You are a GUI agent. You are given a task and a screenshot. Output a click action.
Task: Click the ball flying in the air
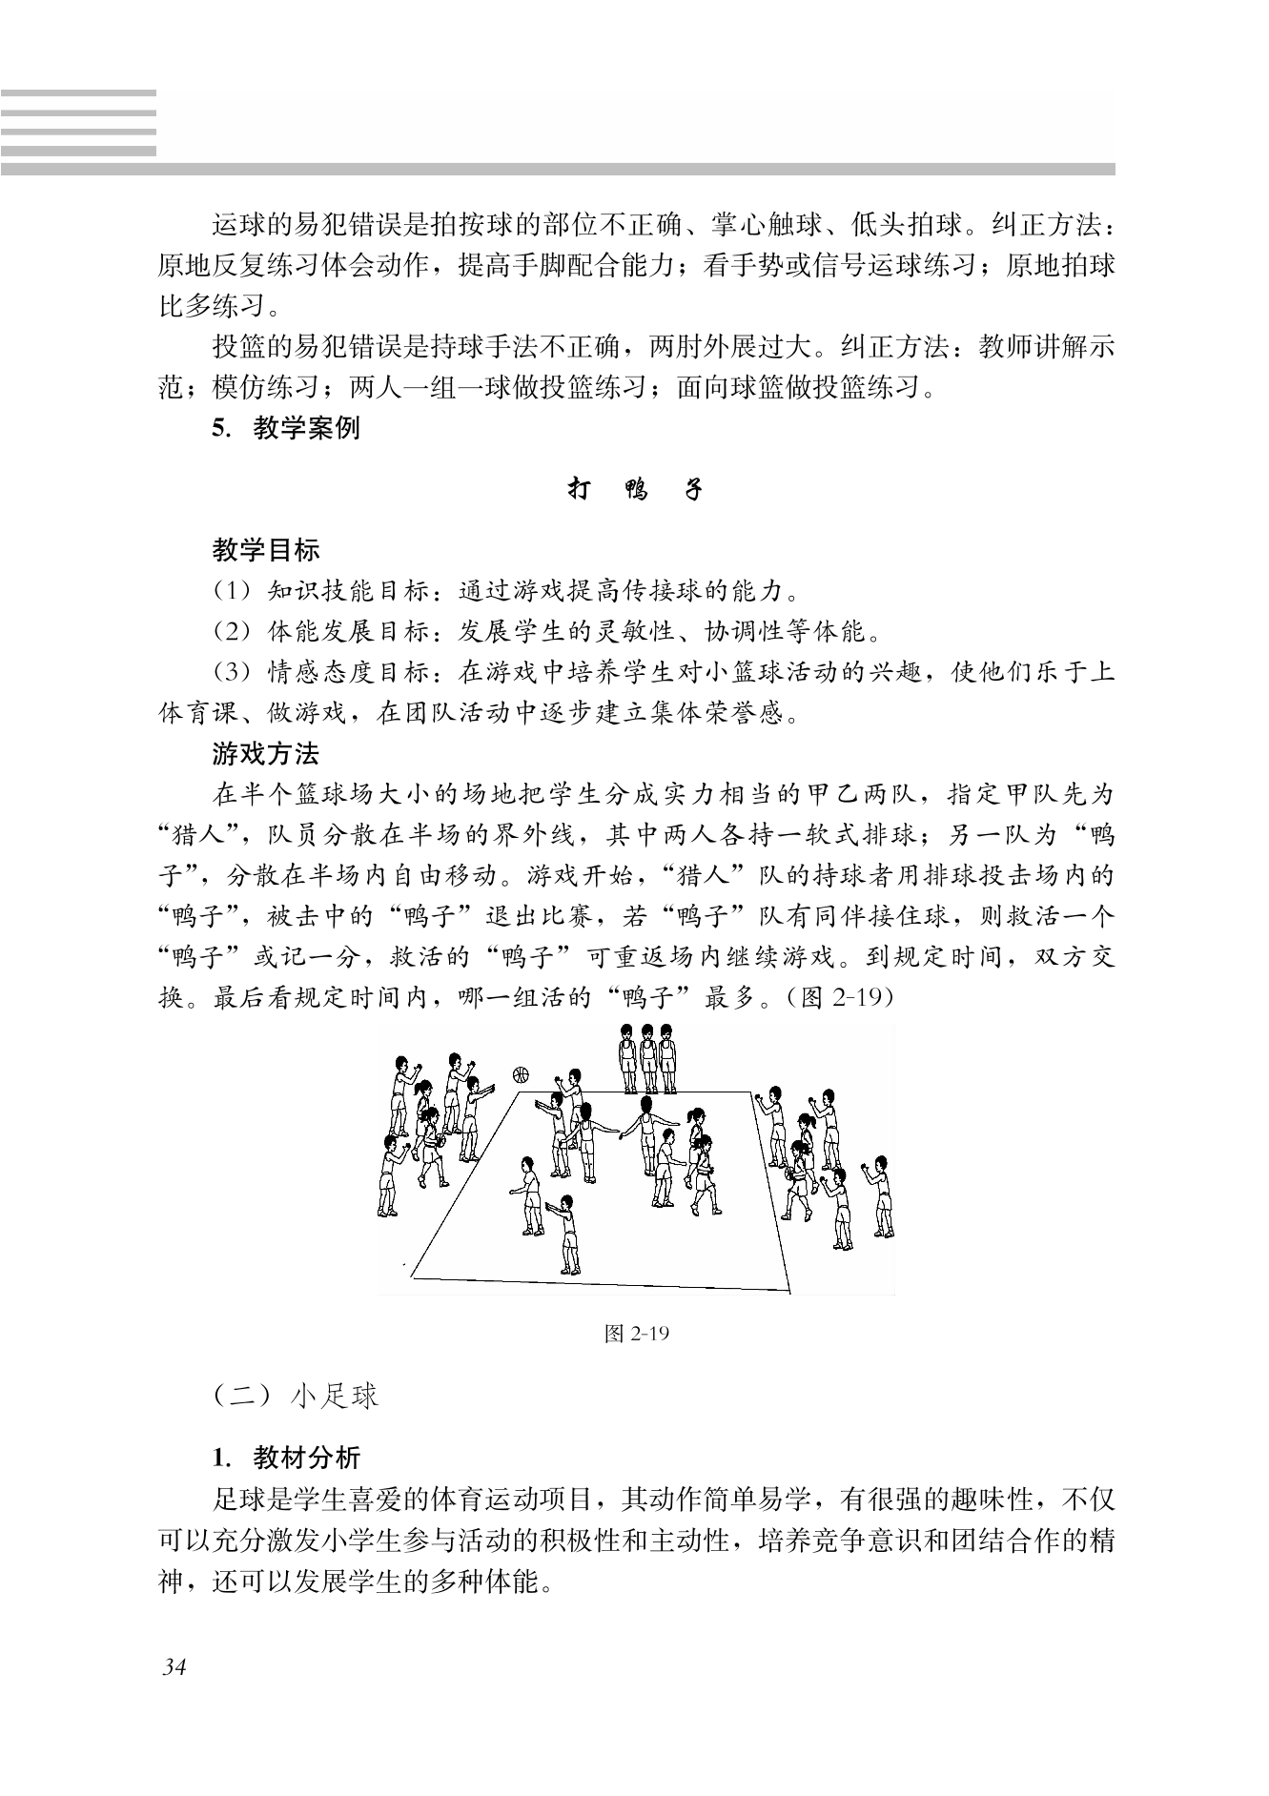[521, 1074]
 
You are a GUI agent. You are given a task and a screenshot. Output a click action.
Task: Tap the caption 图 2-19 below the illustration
[637, 1334]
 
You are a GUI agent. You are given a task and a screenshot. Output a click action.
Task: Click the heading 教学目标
[266, 551]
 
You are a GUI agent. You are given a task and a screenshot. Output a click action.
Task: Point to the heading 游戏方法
[266, 755]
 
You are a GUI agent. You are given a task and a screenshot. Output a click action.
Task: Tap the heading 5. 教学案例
[286, 429]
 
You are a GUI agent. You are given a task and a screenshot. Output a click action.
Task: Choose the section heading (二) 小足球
[296, 1397]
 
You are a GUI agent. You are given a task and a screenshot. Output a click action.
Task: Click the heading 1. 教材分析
[286, 1459]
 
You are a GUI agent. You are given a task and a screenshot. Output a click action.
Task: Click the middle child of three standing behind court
[648, 1058]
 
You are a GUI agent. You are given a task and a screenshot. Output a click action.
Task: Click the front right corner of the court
[790, 1289]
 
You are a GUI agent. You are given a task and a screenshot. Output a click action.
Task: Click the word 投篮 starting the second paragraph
[238, 347]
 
